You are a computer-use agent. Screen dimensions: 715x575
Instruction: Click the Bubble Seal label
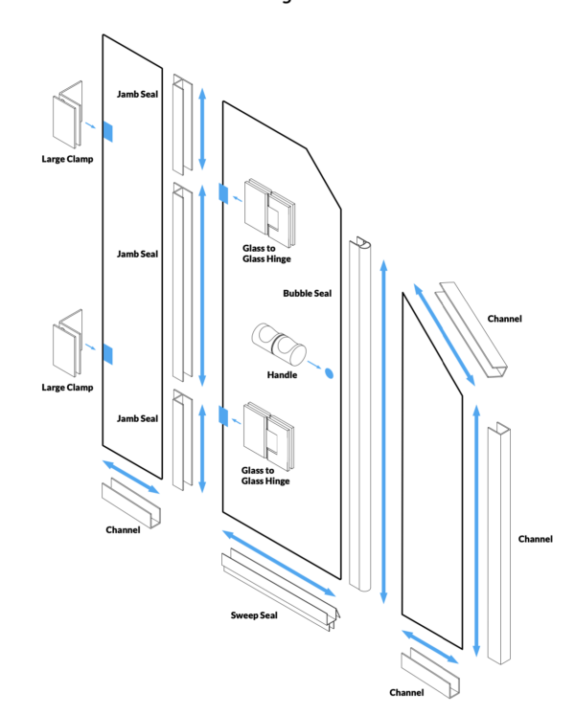pos(307,293)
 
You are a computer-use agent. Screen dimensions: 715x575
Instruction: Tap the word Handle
pos(282,374)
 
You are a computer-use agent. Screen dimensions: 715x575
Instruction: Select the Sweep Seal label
pos(254,614)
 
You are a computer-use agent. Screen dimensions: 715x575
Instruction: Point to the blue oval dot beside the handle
pos(329,372)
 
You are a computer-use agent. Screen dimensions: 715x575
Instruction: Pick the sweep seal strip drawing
pos(277,583)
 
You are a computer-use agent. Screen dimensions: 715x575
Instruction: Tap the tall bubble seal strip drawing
pos(360,412)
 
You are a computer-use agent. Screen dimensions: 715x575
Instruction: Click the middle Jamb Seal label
pos(137,254)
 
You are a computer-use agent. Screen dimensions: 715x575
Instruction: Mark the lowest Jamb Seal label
pos(137,418)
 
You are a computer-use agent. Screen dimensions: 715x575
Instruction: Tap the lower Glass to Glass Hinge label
pos(265,476)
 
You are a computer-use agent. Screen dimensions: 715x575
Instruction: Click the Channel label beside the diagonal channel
pos(504,318)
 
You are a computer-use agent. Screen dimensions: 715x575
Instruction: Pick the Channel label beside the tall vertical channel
pos(536,539)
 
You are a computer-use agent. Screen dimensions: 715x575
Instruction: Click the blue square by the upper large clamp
pos(107,131)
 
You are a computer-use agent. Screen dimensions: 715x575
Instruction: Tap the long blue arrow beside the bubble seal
pos(383,431)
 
